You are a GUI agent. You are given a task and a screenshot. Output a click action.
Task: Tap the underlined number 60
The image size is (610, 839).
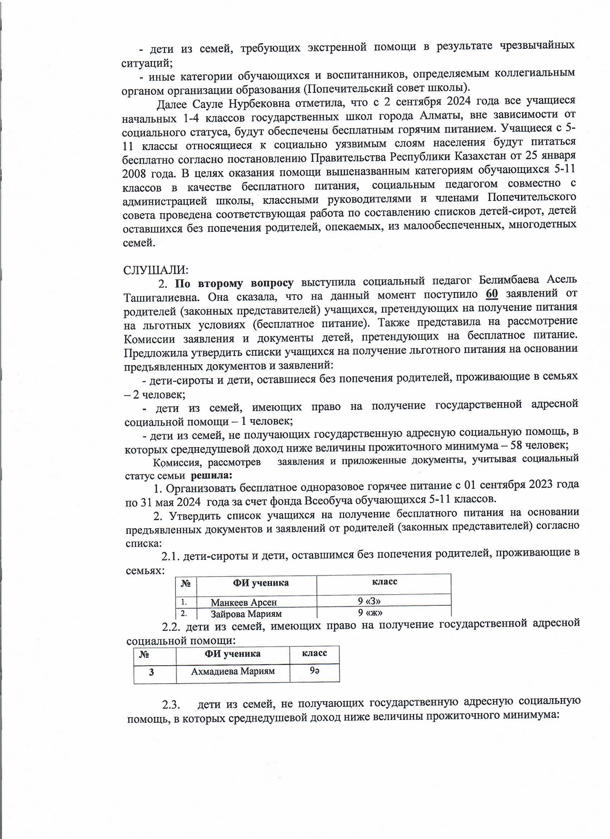coord(492,294)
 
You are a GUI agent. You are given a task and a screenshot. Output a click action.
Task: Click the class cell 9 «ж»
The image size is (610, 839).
coord(370,613)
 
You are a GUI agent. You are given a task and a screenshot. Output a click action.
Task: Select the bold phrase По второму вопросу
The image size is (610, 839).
coord(234,283)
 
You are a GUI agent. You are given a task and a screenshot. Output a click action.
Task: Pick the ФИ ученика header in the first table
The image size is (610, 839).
coord(261,583)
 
